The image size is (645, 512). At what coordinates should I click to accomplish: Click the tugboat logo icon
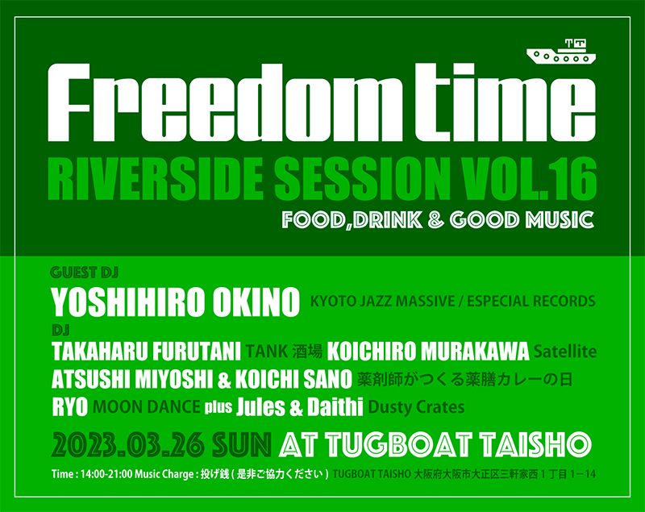(x=561, y=52)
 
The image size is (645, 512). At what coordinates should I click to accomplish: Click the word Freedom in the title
(x=218, y=103)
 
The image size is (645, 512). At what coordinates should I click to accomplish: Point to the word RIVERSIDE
(x=156, y=179)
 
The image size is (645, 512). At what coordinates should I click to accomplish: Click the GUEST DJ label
(x=85, y=273)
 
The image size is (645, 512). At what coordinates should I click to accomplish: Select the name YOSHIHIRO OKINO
(x=175, y=302)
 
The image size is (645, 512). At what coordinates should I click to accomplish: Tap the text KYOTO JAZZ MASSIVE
(x=382, y=302)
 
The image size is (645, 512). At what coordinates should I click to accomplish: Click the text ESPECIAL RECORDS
(x=531, y=302)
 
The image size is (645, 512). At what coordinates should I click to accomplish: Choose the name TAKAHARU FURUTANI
(x=146, y=352)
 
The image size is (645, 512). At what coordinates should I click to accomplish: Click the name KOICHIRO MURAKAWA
(x=428, y=352)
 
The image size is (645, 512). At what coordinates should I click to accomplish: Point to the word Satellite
(x=565, y=352)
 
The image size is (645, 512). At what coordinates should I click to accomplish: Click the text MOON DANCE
(x=147, y=407)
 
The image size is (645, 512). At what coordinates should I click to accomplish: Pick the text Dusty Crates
(x=416, y=407)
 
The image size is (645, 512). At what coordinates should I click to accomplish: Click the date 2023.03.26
(x=129, y=444)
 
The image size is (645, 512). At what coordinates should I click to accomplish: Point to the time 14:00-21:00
(x=106, y=474)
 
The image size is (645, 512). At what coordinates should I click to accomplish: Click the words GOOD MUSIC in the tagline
(x=522, y=219)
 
